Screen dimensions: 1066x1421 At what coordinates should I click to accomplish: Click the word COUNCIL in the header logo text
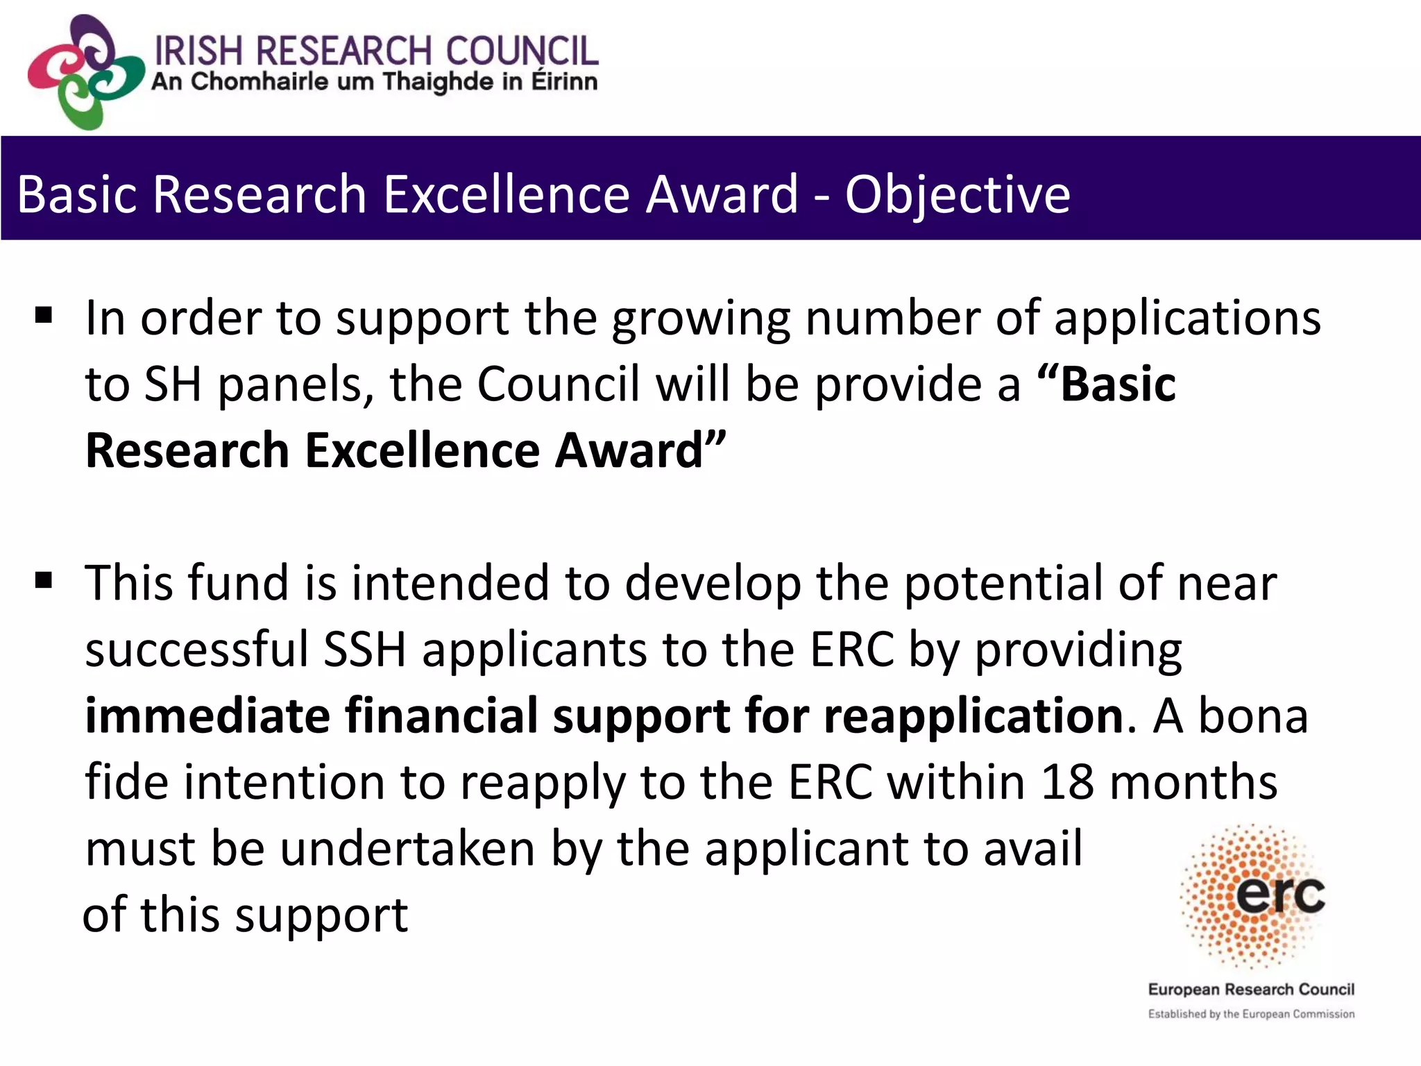coord(521,51)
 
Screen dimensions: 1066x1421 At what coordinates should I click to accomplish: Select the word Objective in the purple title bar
coord(958,194)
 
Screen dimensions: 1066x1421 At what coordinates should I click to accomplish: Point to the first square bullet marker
coord(44,316)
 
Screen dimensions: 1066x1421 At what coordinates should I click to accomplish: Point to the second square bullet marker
coord(44,579)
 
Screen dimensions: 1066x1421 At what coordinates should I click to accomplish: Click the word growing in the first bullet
coord(701,319)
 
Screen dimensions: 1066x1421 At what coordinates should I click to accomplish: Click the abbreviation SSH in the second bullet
coord(365,650)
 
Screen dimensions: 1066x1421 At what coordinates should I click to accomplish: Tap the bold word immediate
coord(207,716)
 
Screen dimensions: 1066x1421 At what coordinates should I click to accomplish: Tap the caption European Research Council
coord(1251,989)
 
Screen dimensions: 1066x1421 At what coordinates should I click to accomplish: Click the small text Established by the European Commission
coord(1251,1014)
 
